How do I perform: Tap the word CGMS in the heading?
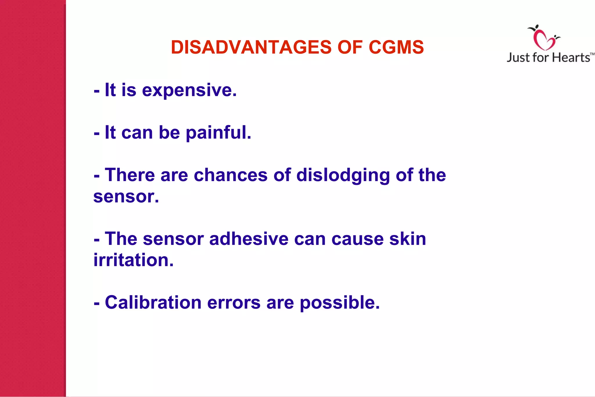pos(396,47)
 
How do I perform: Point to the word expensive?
pos(189,90)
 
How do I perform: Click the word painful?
pos(218,133)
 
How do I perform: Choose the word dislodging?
pos(343,175)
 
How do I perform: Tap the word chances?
pos(231,175)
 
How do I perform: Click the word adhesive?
pos(249,239)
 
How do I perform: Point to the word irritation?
pos(133,260)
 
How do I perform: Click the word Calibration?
pos(153,302)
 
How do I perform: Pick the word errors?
pos(234,302)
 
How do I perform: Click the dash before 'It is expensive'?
pos(97,91)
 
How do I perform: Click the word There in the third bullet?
pos(130,175)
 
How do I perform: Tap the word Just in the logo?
pos(518,58)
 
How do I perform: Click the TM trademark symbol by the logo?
pos(592,54)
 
